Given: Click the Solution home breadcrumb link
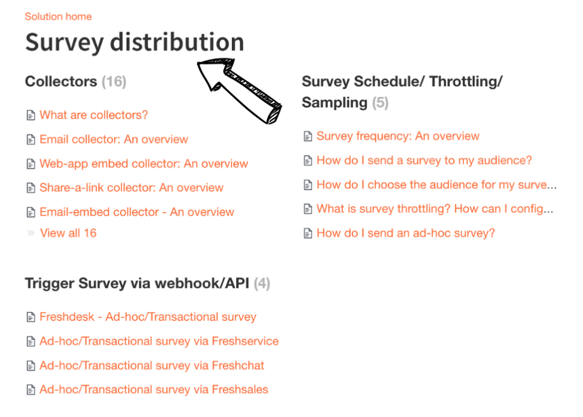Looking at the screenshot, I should click(58, 17).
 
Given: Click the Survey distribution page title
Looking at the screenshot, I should click(134, 42).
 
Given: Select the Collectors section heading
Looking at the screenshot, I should click(61, 81).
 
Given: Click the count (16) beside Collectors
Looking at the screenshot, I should click(114, 81).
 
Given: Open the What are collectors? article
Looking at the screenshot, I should click(93, 115).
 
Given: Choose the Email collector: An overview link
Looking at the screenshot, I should click(114, 140).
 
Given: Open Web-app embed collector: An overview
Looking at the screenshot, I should click(143, 164).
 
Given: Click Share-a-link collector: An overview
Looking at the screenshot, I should click(131, 188).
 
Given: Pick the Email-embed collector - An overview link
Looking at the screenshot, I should click(137, 212).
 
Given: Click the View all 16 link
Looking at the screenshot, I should click(68, 233).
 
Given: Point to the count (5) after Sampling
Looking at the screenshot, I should click(380, 103).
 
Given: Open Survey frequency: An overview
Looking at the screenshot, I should click(397, 136).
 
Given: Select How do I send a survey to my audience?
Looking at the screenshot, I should click(424, 160).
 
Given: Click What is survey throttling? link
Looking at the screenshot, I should click(434, 209).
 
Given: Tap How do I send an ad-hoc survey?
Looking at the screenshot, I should click(405, 233).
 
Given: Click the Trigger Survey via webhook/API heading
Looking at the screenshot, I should click(139, 284).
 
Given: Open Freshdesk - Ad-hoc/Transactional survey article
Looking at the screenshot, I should click(148, 317).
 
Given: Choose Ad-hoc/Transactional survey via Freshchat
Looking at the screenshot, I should click(152, 366).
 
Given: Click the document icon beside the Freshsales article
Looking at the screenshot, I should click(31, 390).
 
